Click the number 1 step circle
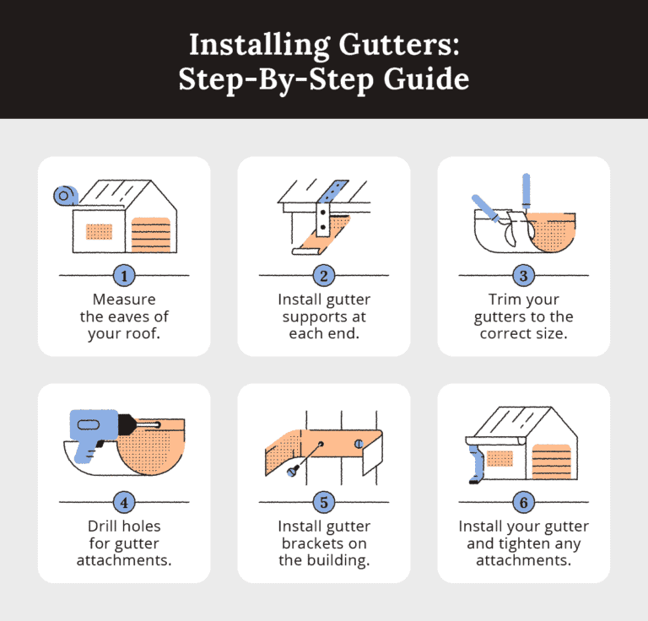pyautogui.click(x=124, y=275)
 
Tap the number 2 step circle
pyautogui.click(x=323, y=275)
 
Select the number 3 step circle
pyautogui.click(x=523, y=275)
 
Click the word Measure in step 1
pyautogui.click(x=124, y=300)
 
